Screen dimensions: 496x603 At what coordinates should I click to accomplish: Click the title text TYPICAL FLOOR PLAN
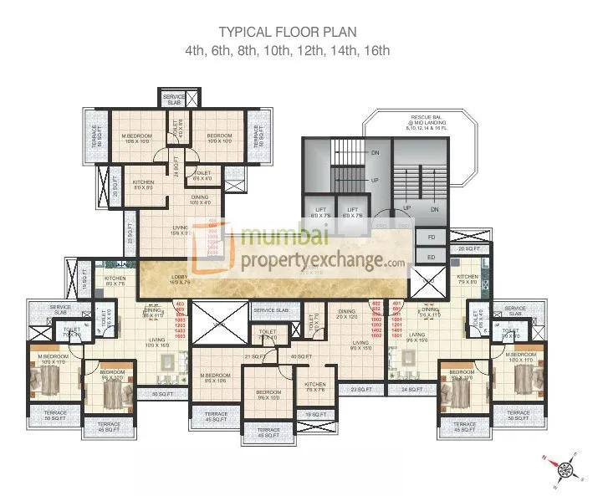pos(287,33)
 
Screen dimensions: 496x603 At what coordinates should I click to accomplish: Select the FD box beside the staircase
pos(432,237)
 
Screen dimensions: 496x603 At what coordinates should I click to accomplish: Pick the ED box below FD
pos(432,258)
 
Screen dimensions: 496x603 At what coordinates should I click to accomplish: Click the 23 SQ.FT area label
pos(360,390)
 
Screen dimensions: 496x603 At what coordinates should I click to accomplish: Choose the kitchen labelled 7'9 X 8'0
pos(467,280)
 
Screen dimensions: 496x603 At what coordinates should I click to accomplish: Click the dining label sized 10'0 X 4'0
pos(200,200)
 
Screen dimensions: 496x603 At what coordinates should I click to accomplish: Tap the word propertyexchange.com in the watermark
pos(322,261)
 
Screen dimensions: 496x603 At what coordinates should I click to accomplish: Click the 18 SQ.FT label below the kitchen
pos(314,414)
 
